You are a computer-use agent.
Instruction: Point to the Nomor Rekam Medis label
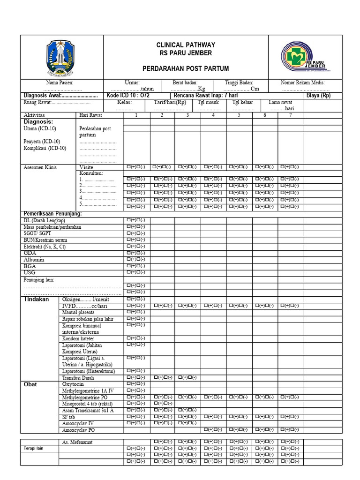(302, 82)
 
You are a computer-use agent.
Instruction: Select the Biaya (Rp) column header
(318, 95)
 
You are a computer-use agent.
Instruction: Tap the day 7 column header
(291, 115)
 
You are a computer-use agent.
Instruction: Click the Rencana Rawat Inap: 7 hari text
(205, 95)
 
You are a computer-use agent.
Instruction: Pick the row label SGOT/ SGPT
(37, 233)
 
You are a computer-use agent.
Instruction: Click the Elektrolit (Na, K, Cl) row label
(45, 246)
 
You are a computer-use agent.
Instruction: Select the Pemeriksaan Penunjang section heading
(52, 214)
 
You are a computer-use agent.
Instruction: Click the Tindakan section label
(36, 299)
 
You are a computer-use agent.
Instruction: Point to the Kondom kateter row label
(78, 338)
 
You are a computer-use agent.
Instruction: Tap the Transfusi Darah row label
(78, 377)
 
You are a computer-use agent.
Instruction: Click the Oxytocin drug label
(73, 384)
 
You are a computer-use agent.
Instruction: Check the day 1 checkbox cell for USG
(136, 272)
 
